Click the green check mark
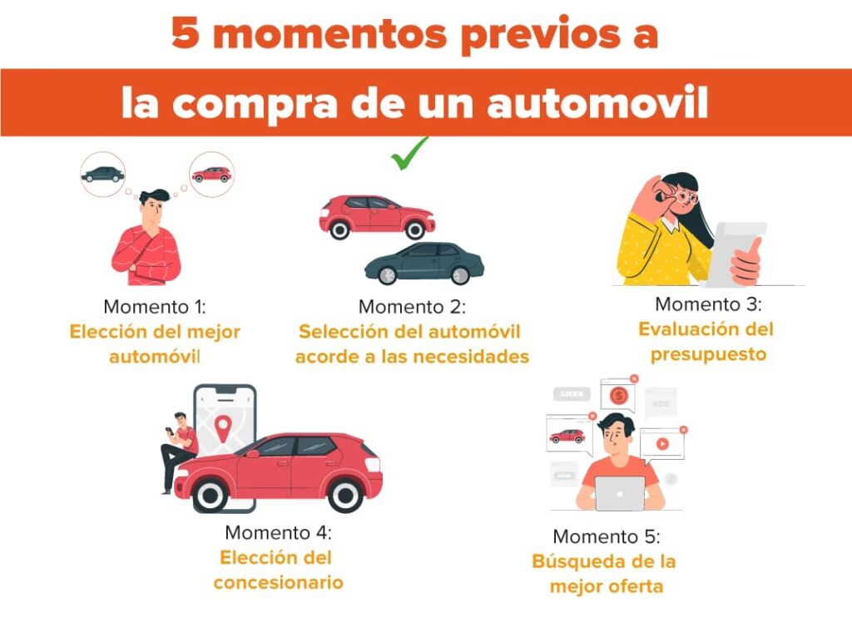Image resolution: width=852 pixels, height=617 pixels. coord(409,153)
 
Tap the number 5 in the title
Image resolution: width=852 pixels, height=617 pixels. coord(185,32)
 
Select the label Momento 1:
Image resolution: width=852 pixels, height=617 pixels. coord(155,307)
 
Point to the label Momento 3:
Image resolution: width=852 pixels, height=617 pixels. coord(709,304)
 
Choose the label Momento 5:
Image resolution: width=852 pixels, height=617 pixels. coord(607,536)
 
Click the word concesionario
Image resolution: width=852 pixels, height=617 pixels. coord(278,582)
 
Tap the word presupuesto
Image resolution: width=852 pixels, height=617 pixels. coord(709,355)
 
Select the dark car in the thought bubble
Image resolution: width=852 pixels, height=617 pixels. coord(102,175)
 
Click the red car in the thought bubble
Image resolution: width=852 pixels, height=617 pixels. coord(211,175)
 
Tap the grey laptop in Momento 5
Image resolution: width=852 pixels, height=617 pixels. coord(620,493)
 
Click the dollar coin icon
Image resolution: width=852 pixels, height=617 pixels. coord(619,396)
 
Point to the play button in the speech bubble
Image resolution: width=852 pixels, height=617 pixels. coord(661,444)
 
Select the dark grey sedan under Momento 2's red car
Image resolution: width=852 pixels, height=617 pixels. coord(424,264)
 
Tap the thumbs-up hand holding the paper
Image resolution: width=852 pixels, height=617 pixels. coord(745,262)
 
